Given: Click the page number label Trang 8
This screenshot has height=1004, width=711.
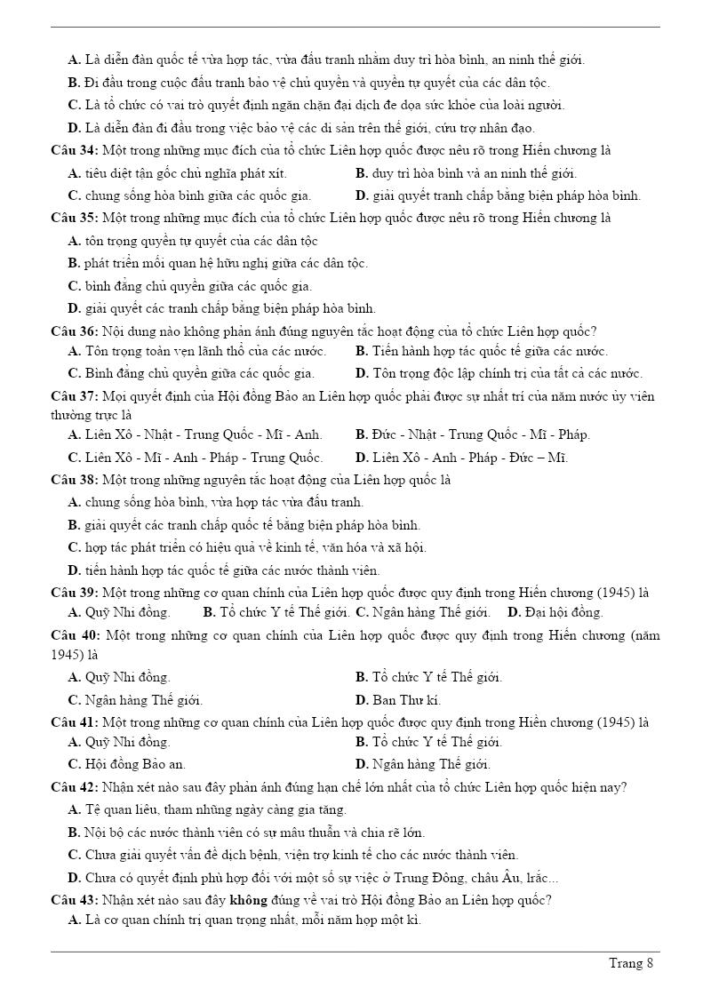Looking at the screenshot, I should (x=631, y=963).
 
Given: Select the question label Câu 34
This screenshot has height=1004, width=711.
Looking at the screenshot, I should (x=75, y=150).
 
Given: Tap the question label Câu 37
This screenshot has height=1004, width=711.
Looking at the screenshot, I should (x=75, y=395).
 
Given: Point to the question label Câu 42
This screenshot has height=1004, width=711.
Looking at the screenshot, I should (x=75, y=787).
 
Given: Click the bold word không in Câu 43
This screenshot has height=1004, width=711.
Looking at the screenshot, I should (x=250, y=899).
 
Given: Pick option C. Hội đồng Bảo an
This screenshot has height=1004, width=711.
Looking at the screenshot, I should (x=127, y=764).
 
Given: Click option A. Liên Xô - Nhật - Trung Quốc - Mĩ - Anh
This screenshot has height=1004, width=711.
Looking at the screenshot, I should (x=195, y=434).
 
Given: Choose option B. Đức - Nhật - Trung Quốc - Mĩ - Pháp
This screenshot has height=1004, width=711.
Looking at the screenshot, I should (x=472, y=434).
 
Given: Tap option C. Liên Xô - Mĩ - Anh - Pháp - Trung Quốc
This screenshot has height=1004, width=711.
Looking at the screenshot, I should (x=196, y=458).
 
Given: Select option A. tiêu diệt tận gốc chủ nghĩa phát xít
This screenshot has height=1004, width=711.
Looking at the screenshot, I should (x=177, y=173).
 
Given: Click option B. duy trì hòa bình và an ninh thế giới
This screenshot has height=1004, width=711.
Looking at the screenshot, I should (x=466, y=173).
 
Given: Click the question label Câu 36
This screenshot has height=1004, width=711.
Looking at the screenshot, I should (x=75, y=331).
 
